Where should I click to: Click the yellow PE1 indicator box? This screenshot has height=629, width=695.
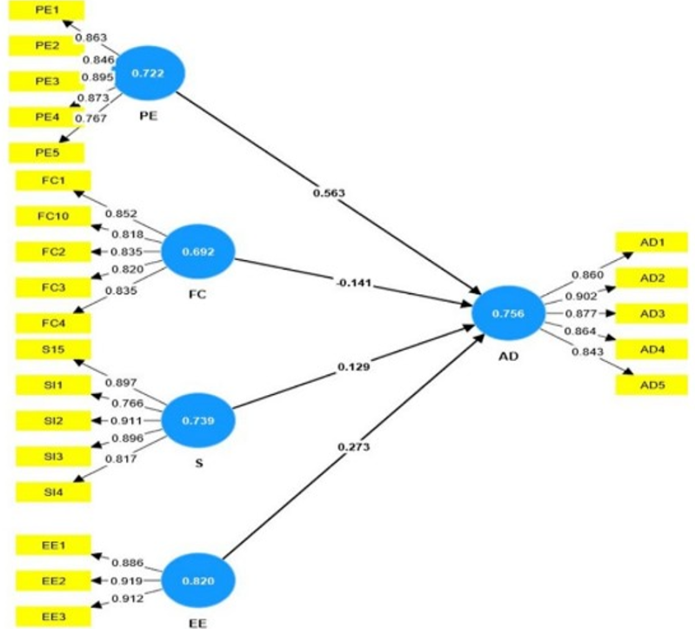(46, 10)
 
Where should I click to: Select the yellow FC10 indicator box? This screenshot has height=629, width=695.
(53, 217)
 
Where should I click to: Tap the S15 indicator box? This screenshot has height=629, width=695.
(53, 349)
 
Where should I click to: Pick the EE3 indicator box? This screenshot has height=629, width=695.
(53, 617)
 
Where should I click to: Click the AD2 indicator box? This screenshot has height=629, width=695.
(652, 278)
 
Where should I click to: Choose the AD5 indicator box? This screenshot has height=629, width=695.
(652, 385)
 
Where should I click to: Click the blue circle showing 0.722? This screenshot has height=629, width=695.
(148, 73)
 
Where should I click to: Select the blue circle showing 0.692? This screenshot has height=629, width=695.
(197, 251)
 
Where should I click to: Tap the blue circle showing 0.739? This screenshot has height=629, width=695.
(197, 420)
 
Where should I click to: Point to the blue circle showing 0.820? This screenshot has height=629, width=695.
(197, 580)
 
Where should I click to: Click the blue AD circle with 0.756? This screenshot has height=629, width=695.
(508, 313)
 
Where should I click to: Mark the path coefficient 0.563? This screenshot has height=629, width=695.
(329, 193)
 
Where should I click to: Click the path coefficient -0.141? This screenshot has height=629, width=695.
(353, 283)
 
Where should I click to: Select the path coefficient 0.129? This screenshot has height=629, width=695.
(353, 367)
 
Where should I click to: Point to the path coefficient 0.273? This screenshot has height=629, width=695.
(353, 447)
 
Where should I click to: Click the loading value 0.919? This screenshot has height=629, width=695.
(127, 580)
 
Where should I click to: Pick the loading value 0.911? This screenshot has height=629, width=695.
(127, 420)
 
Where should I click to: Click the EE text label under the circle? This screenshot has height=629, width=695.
(197, 623)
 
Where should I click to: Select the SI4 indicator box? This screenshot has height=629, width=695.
(53, 492)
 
